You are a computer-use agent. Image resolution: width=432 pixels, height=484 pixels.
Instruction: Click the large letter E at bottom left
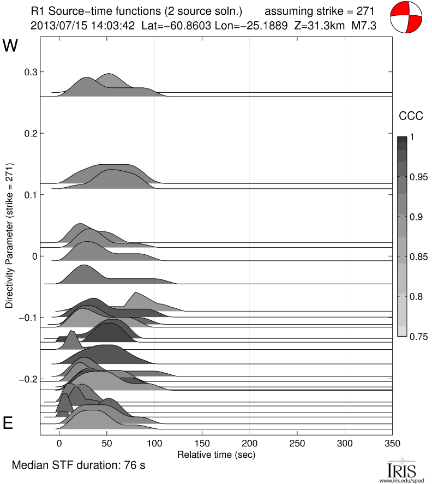pyautogui.click(x=9, y=423)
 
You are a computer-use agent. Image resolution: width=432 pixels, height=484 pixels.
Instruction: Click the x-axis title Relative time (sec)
pyautogui.click(x=217, y=454)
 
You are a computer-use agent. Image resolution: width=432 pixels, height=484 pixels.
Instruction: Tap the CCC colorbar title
pyautogui.click(x=409, y=116)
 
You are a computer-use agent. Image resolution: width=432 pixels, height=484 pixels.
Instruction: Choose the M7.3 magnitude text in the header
pyautogui.click(x=362, y=26)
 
